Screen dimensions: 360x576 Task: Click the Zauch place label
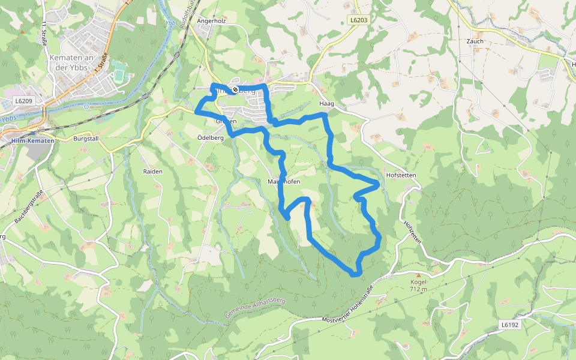pos(475,41)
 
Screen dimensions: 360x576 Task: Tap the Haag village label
pos(326,104)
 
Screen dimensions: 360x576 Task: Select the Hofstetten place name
pos(401,175)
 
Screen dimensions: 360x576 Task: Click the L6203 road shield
pos(358,20)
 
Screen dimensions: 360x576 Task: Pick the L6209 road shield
pos(24,101)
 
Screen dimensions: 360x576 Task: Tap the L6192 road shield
pos(509,325)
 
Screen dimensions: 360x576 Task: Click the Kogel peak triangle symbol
pos(418,275)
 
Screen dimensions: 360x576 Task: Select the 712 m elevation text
pos(418,289)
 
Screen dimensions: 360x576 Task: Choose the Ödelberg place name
pos(210,137)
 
